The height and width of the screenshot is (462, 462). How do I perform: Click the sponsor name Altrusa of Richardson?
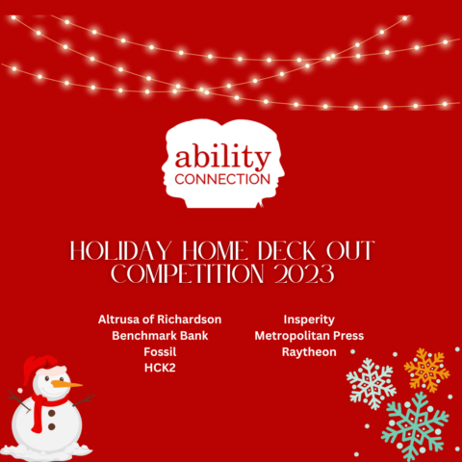(x=160, y=319)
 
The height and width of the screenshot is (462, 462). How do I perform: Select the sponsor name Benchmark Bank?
(x=160, y=335)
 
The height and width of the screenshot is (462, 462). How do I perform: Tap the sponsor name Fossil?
(x=160, y=351)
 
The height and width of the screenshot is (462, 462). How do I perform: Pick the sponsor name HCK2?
(x=160, y=368)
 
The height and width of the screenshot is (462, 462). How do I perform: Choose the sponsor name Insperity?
(x=308, y=319)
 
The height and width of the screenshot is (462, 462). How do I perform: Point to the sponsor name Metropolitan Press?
(x=308, y=335)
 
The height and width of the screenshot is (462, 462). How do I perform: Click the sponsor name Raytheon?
(x=308, y=351)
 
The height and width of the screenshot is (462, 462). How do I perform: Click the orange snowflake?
(x=425, y=370)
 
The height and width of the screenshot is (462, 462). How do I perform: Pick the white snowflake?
(x=371, y=382)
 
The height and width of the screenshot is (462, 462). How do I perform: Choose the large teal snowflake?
(x=415, y=424)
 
